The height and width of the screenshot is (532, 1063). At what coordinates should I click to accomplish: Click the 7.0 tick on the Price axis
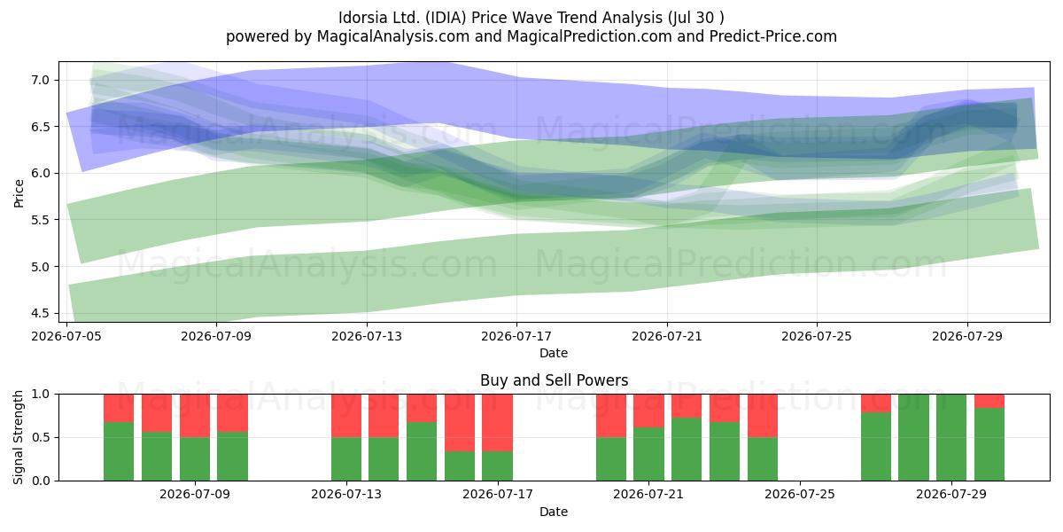click(41, 80)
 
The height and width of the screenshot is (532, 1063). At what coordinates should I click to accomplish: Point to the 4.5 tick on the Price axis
click(41, 313)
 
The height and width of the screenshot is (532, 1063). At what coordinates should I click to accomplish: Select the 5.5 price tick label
click(41, 220)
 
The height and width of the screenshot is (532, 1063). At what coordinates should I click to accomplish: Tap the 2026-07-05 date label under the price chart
click(66, 336)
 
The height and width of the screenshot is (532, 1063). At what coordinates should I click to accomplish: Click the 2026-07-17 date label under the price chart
click(516, 336)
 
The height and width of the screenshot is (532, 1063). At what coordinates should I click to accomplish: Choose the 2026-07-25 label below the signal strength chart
click(800, 494)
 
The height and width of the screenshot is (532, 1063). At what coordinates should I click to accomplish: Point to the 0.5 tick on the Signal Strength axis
click(41, 437)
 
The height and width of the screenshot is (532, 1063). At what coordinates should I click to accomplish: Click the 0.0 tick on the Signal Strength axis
click(41, 481)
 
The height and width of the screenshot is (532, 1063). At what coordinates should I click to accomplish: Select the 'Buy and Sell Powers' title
click(554, 380)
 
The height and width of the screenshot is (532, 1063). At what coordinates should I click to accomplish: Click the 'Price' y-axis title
click(19, 193)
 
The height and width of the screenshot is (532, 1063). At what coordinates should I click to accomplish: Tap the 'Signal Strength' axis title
click(19, 437)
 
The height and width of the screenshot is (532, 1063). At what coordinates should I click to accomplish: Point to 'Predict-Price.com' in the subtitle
click(773, 36)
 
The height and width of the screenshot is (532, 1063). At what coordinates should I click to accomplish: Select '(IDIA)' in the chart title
click(446, 18)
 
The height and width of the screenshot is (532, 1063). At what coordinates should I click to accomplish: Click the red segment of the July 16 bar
click(460, 423)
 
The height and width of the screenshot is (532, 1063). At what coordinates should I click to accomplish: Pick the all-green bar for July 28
click(913, 437)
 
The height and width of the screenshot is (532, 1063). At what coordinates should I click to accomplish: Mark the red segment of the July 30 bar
click(989, 401)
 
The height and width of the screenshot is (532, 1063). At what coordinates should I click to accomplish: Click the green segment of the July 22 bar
click(687, 450)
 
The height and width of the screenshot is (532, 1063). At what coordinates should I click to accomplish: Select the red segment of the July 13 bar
click(346, 416)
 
